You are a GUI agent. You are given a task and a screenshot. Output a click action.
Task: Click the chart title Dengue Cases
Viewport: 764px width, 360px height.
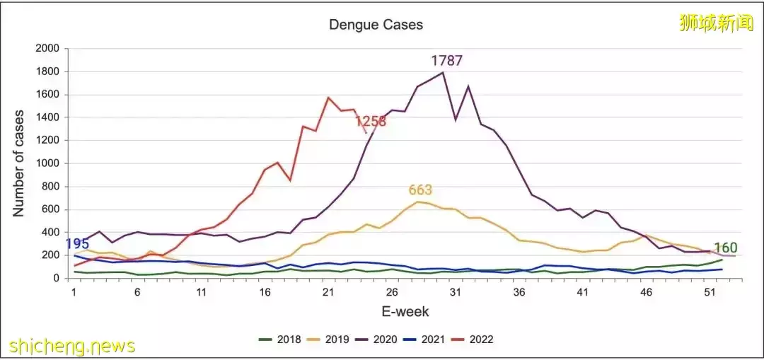point(376,25)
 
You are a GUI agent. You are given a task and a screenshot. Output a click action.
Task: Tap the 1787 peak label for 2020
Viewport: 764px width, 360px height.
point(446,61)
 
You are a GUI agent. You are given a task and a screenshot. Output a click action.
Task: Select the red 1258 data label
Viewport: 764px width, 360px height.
point(371,121)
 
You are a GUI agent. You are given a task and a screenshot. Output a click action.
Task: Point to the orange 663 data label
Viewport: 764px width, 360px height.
point(420,190)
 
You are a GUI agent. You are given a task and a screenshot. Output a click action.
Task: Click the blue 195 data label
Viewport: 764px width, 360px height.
point(77,244)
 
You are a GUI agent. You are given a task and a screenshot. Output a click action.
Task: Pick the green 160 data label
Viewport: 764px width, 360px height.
point(726,248)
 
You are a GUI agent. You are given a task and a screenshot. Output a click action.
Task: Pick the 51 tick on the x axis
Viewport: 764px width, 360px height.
point(710,292)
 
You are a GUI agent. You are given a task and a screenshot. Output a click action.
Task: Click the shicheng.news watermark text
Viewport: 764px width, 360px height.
point(71,347)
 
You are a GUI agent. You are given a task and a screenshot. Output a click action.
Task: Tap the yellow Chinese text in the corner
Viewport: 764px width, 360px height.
point(714,23)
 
